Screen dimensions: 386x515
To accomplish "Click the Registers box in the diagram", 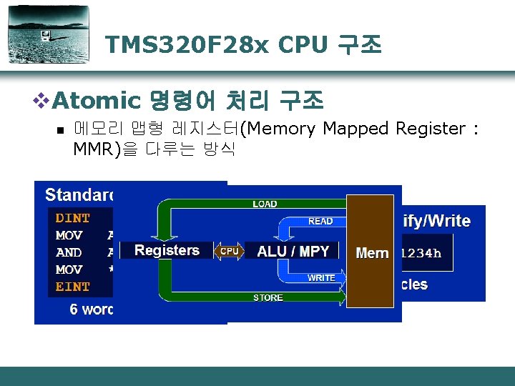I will coord(167,250).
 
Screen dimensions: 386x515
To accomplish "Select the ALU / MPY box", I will coord(293,251).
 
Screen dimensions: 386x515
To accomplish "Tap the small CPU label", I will coord(230,251).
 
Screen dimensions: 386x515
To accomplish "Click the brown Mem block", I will coord(371,252).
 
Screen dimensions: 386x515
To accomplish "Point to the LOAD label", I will coord(265,204).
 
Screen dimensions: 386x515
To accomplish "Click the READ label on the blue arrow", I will coord(320,222).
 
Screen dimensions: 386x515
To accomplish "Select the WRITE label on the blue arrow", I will coord(320,277).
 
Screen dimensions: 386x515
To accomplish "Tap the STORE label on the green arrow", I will coord(268,297).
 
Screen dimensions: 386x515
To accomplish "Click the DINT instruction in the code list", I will coord(73,218).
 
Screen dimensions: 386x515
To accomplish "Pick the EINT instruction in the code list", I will coord(73,287).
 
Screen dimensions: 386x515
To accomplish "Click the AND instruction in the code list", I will coord(69,252).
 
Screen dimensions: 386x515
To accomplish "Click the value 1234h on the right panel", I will coord(422,252).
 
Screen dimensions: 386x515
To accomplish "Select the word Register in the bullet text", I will coord(428,129).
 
